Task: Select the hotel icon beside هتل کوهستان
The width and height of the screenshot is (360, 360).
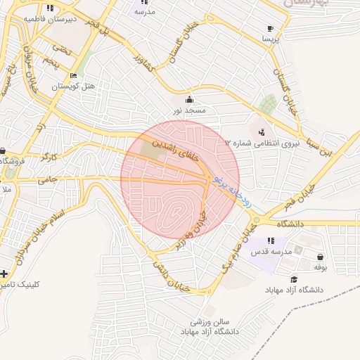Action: tap(74, 76)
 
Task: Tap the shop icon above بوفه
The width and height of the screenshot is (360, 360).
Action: tap(321, 257)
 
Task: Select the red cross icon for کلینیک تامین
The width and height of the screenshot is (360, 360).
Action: tap(5, 274)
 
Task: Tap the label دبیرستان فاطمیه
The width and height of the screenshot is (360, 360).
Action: tap(70, 18)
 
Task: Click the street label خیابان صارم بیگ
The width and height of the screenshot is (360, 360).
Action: tap(238, 250)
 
